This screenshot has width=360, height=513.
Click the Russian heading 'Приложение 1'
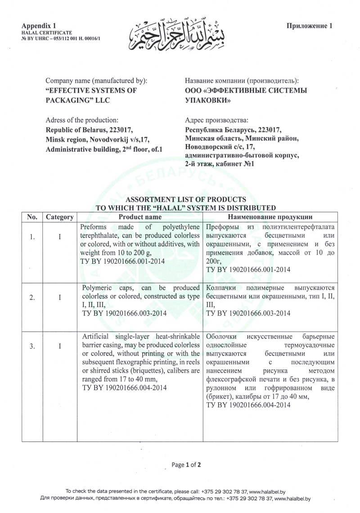[x=309, y=26]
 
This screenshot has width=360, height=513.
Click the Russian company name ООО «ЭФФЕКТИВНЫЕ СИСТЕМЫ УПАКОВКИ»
[x=240, y=95]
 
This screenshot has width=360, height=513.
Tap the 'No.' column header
[x=32, y=217]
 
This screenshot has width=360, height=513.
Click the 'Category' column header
[x=60, y=217]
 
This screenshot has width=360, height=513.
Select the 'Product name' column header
[x=139, y=217]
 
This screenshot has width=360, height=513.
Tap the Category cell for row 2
[x=60, y=297]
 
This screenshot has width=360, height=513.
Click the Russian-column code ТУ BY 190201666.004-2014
[x=248, y=405]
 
